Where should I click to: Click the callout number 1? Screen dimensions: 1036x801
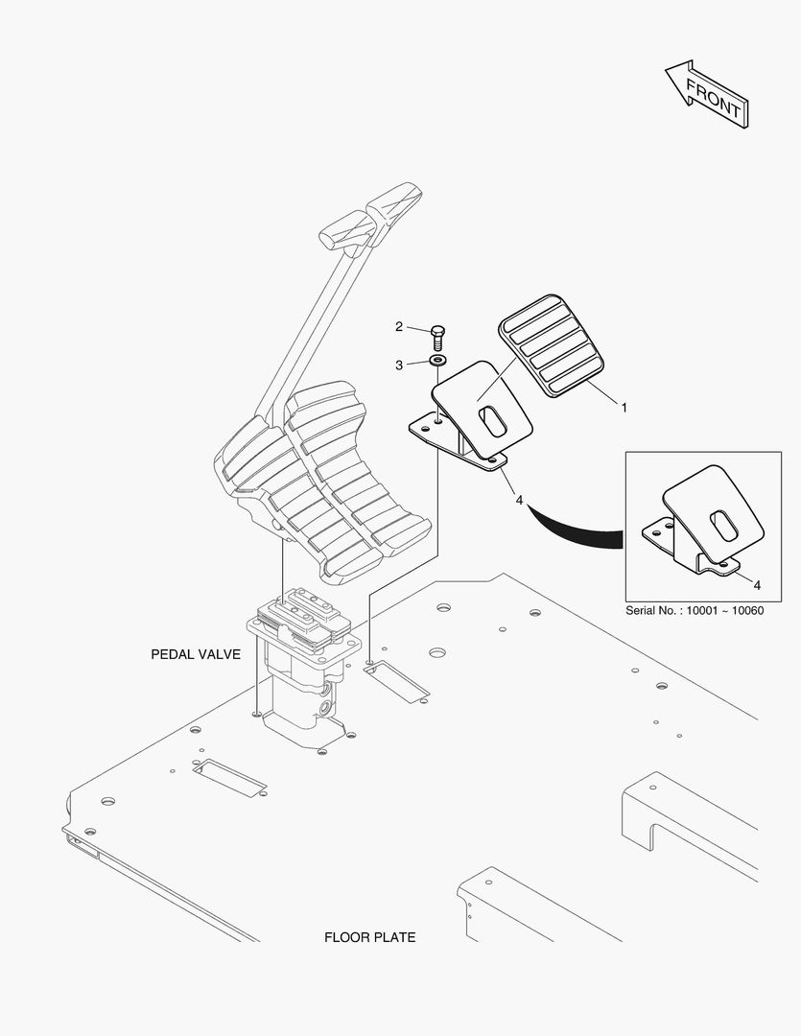[624, 408]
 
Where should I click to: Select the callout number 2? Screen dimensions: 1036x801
[399, 327]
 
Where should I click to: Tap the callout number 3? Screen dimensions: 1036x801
[399, 365]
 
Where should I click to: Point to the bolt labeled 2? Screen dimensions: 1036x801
[437, 336]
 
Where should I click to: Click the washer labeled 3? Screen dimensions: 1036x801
[438, 361]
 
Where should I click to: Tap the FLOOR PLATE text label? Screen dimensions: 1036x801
[370, 937]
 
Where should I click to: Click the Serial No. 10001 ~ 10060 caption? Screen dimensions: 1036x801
[694, 610]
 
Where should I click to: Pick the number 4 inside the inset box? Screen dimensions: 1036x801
[757, 584]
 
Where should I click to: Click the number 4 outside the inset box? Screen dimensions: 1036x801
[519, 500]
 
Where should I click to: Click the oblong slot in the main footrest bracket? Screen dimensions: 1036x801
[493, 424]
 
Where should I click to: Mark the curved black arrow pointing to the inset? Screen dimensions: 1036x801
[576, 530]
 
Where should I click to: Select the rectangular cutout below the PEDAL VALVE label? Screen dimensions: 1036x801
[231, 776]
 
